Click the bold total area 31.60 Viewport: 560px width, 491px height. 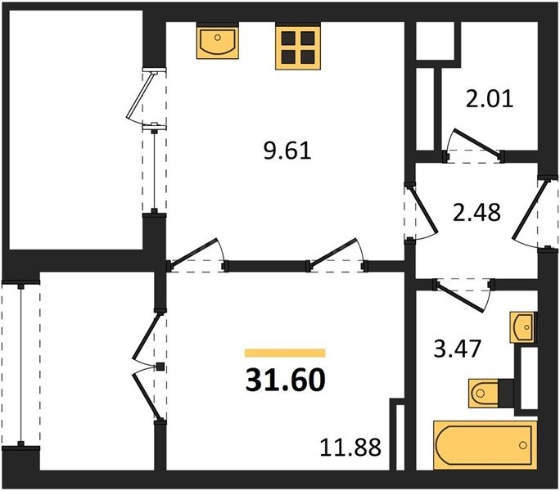click(285, 381)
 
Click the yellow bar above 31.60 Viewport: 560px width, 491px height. click(285, 353)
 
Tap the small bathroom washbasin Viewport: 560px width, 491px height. click(521, 329)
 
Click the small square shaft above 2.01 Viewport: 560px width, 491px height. click(435, 40)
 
